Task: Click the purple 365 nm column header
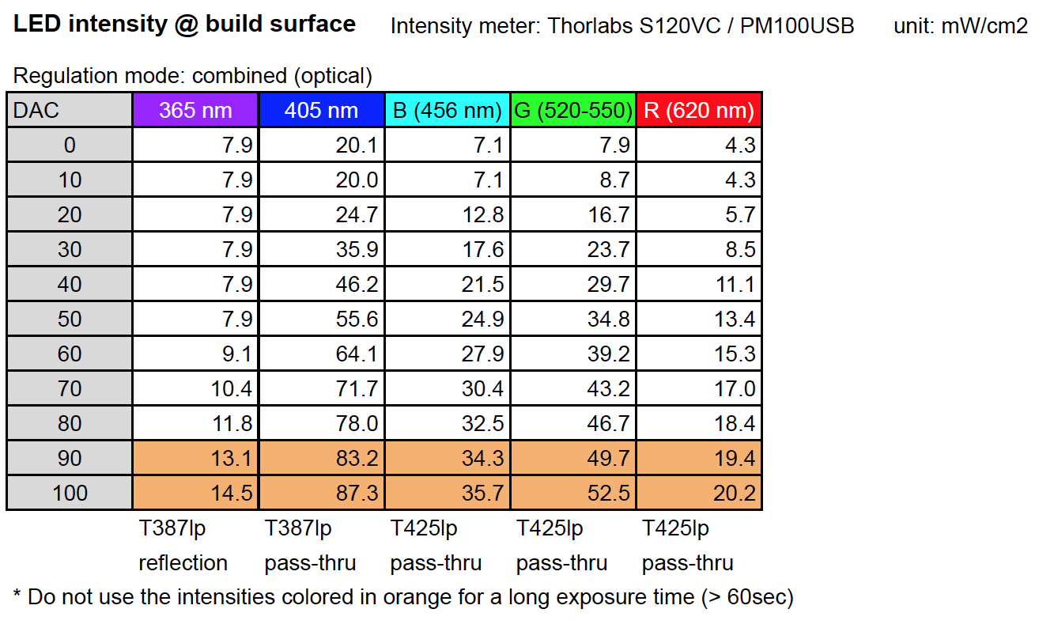(195, 110)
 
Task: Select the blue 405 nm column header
(321, 110)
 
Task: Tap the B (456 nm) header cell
(448, 110)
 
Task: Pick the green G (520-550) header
(573, 110)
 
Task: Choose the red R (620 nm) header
(699, 110)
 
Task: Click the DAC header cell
(70, 110)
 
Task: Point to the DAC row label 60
(70, 354)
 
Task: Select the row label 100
(70, 493)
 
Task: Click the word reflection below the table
(183, 563)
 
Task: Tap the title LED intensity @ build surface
(184, 25)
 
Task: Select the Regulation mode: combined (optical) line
(193, 76)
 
